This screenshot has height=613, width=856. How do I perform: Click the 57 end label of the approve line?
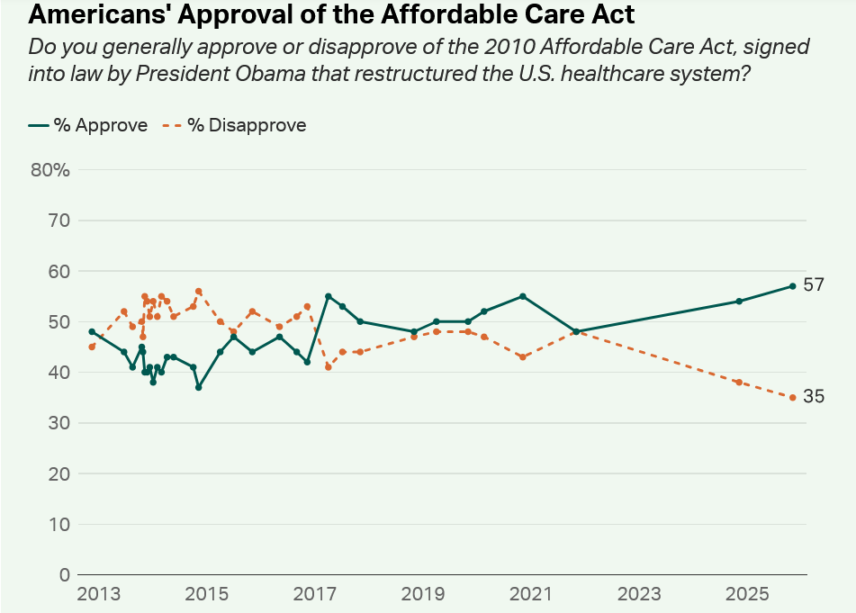814,285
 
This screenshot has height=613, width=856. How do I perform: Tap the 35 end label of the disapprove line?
814,397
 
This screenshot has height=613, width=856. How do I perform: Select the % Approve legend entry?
88,125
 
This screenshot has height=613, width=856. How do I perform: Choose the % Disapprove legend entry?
235,125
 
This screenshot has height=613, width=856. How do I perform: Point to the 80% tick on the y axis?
50,170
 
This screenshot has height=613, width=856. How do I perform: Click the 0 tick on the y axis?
64,574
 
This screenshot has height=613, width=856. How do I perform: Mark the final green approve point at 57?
793,286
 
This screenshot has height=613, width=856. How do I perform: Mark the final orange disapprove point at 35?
793,397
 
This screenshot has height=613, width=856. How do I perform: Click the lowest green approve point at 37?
198,387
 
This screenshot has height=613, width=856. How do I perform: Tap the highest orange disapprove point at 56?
198,292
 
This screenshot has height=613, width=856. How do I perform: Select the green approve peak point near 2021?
523,296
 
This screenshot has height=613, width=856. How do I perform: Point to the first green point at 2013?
92,331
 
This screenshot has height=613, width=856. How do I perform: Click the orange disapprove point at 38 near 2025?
739,383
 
